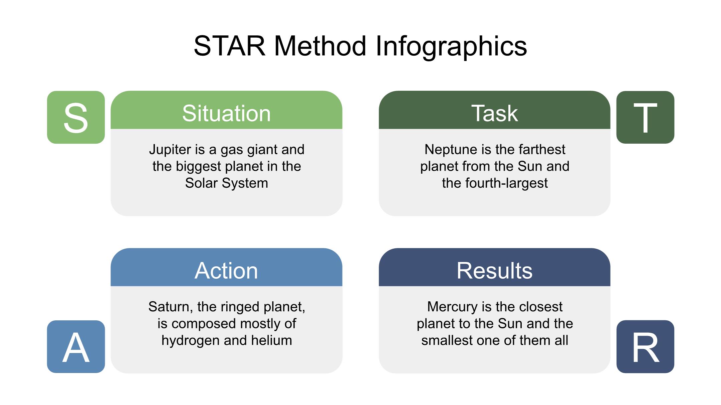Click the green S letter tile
(76, 117)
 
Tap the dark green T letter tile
(645, 117)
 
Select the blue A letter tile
(76, 347)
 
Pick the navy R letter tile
(645, 347)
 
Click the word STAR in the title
(230, 46)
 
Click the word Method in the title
(320, 46)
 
